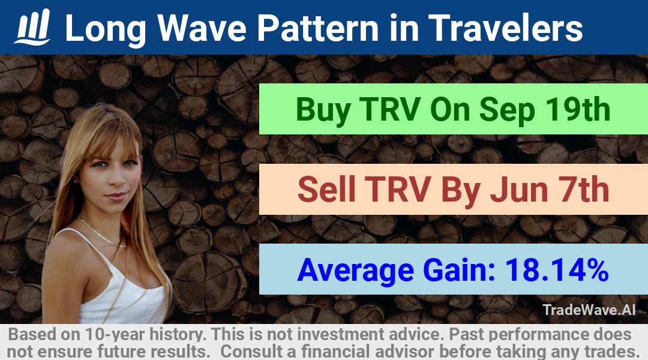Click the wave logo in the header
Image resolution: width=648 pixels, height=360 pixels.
coord(32,27)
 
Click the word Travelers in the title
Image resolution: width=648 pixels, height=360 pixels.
coord(505,28)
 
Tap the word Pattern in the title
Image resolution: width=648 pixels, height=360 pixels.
coord(317,28)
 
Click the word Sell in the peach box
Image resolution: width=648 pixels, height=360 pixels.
coord(326,189)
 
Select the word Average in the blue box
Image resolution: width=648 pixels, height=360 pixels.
coord(355,271)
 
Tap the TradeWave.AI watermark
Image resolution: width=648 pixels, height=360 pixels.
coord(589,310)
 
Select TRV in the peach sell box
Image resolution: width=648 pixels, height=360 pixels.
coord(398,189)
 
